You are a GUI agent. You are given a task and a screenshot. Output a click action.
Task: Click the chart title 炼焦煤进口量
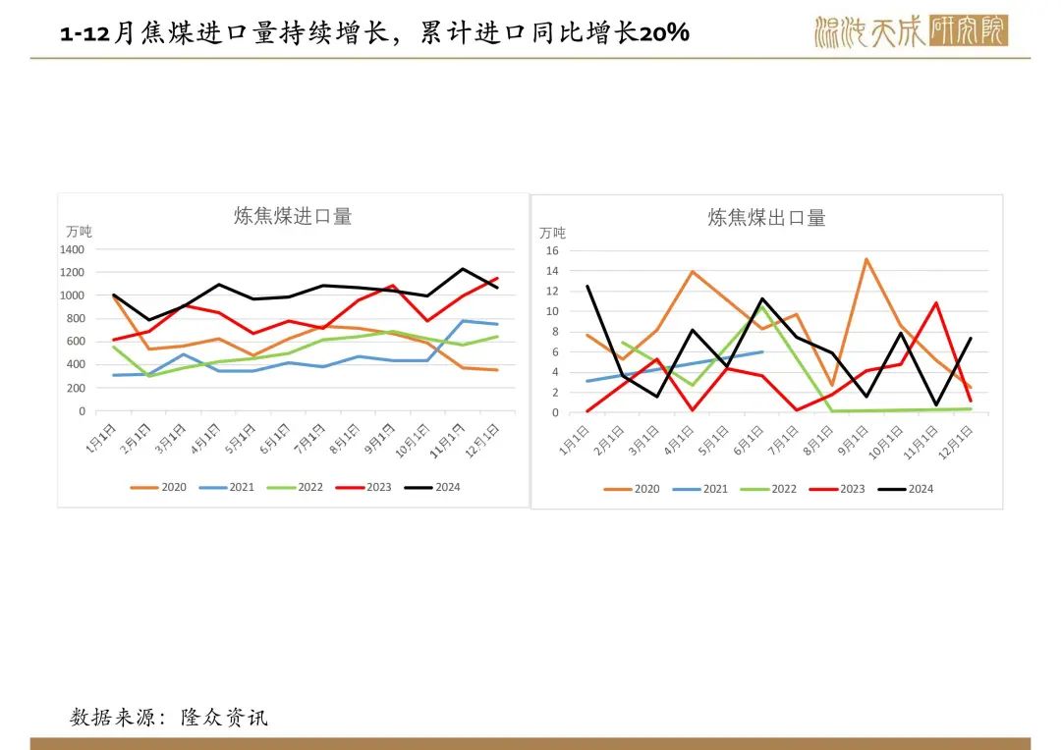pyautogui.click(x=292, y=216)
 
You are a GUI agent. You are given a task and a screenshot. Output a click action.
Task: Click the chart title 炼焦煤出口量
pyautogui.click(x=766, y=218)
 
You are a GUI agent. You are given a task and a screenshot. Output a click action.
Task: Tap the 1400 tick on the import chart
pyautogui.click(x=72, y=249)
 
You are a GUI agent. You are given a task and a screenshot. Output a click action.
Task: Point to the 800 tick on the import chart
pyautogui.click(x=75, y=318)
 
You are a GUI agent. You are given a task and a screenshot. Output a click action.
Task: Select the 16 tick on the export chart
pyautogui.click(x=551, y=250)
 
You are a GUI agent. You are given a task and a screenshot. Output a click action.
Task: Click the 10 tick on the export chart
pyautogui.click(x=551, y=311)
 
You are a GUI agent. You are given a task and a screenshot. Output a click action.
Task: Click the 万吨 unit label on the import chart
pyautogui.click(x=79, y=232)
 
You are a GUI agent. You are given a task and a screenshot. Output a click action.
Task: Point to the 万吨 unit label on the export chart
pyautogui.click(x=552, y=233)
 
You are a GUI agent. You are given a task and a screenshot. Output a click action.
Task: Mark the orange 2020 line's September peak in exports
pyautogui.click(x=866, y=259)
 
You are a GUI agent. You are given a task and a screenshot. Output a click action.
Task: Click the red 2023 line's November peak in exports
pyautogui.click(x=936, y=302)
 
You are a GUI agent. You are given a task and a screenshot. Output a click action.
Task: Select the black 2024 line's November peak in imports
pyautogui.click(x=463, y=269)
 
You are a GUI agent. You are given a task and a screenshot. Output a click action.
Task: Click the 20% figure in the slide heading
pyautogui.click(x=664, y=33)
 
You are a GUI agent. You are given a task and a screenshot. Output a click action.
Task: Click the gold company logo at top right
pyautogui.click(x=911, y=31)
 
